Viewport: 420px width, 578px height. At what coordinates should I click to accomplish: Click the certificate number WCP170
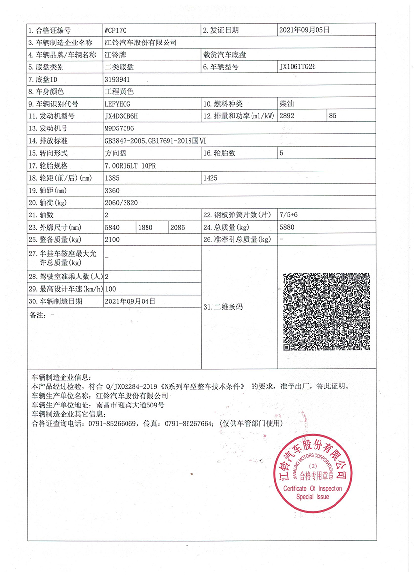[116, 30]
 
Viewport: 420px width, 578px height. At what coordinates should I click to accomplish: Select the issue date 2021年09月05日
[304, 30]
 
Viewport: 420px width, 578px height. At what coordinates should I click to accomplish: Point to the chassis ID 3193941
[117, 79]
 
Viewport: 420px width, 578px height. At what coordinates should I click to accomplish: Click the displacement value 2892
[288, 116]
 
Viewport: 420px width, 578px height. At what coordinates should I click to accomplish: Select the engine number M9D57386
[120, 128]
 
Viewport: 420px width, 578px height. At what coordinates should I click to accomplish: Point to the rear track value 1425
[210, 178]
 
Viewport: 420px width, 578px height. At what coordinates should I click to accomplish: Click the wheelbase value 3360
[112, 190]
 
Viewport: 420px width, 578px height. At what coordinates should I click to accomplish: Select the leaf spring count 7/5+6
[289, 215]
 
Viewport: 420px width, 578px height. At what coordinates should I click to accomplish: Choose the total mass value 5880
[287, 227]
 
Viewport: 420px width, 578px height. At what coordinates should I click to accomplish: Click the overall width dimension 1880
[146, 227]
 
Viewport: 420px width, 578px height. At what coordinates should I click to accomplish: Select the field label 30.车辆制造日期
[56, 301]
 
